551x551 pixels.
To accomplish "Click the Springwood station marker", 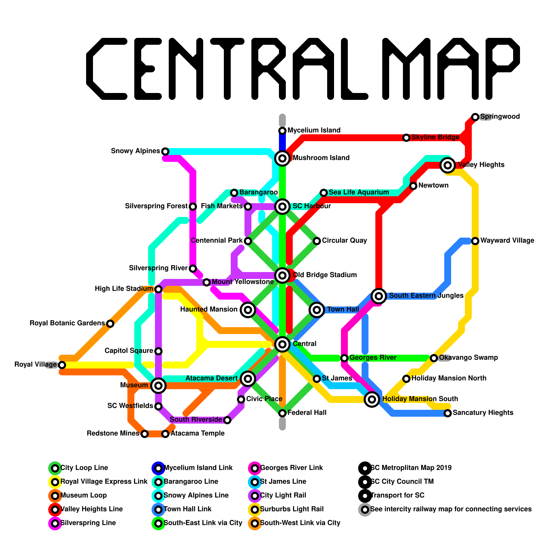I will tap(475, 117).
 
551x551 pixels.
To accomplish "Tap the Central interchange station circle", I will tap(282, 344).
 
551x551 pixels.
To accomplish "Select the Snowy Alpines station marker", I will tap(165, 152).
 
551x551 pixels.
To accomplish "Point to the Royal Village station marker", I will tap(62, 365).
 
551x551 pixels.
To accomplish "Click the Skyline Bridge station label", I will tap(435, 137).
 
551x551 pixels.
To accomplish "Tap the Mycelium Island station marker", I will tap(282, 131).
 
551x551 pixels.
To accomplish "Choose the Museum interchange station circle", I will tap(158, 385).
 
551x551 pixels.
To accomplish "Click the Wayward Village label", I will tap(507, 241).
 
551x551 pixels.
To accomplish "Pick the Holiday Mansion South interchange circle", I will tap(372, 399).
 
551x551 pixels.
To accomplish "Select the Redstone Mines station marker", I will tap(145, 434).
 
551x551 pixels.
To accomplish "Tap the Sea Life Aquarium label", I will tap(359, 193).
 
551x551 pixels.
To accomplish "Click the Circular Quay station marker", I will tap(317, 241).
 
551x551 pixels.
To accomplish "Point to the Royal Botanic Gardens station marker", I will tap(110, 324).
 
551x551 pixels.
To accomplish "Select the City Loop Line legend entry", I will tap(84, 468).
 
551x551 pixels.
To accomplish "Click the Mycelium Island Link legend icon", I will tap(158, 468).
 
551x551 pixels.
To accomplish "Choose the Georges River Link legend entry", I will tap(291, 468).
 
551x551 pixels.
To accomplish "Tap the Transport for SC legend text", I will tap(397, 496).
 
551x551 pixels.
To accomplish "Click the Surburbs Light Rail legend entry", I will tap(292, 509).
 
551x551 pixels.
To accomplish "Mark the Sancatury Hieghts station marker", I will tap(448, 413).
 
